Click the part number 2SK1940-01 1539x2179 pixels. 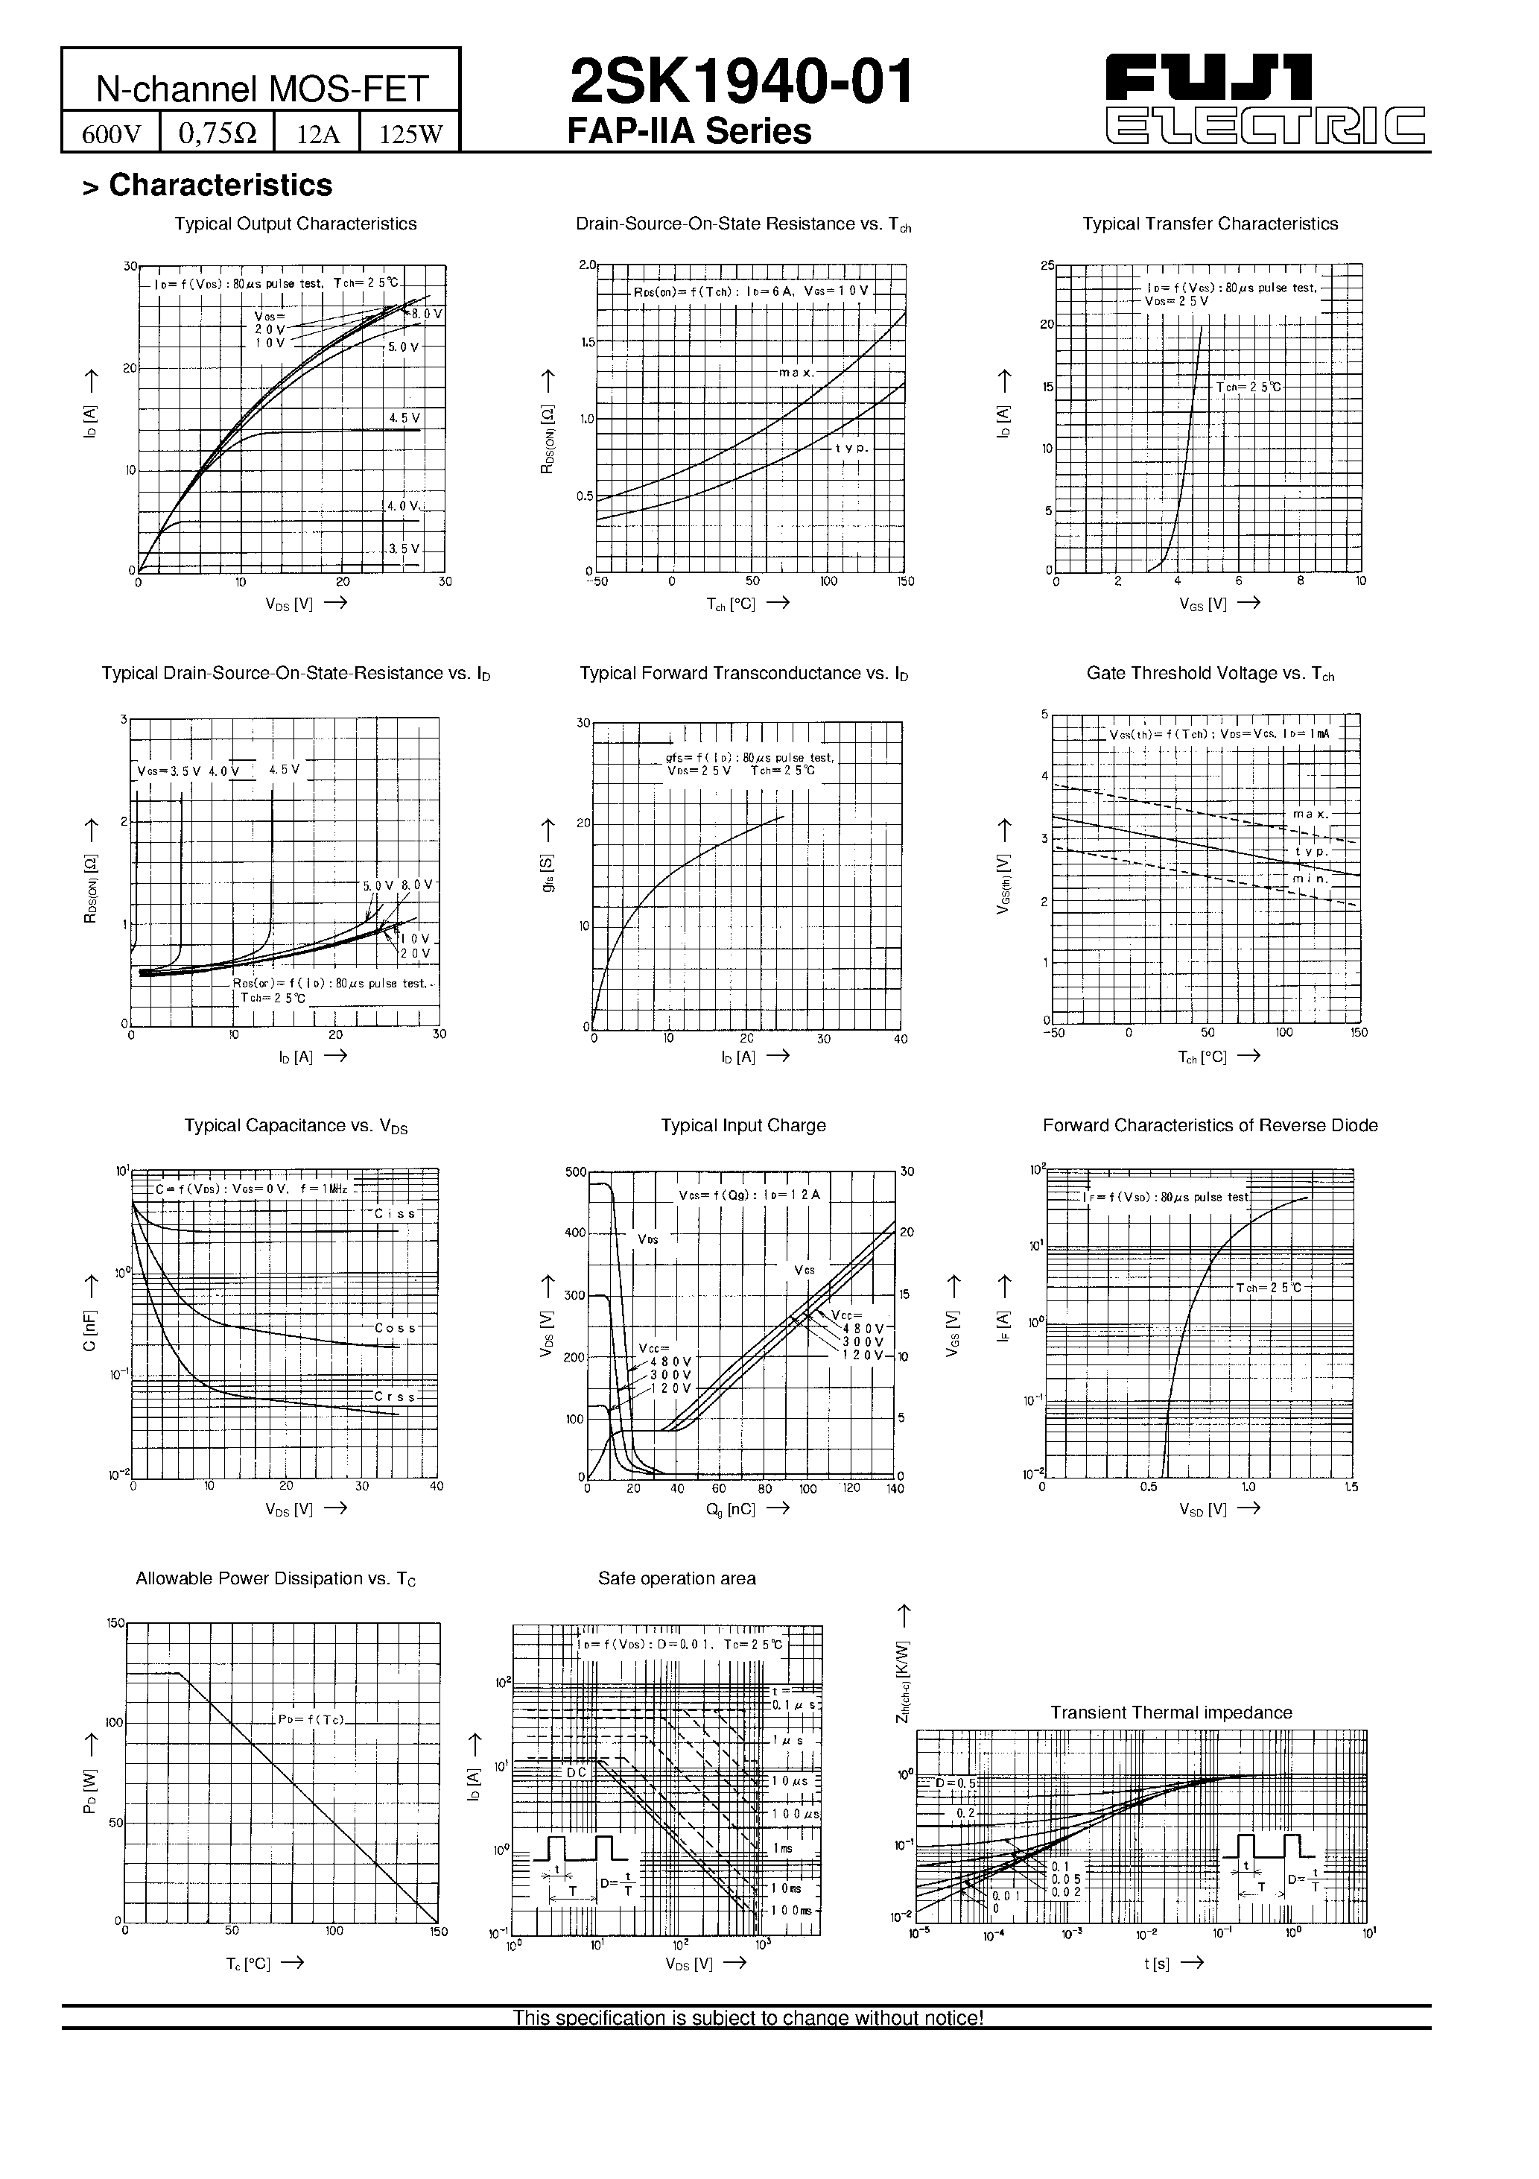[741, 83]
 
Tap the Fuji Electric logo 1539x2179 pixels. [1266, 98]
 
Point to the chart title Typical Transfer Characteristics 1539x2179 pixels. [1210, 224]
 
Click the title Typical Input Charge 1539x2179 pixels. [743, 1125]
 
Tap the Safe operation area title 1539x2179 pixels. [676, 1578]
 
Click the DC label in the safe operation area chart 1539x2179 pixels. [576, 1772]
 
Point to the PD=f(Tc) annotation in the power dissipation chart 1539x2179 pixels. [311, 1720]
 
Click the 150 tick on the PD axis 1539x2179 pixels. [115, 1623]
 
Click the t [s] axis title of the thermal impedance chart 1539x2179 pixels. [1157, 1964]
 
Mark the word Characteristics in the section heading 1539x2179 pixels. [220, 185]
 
